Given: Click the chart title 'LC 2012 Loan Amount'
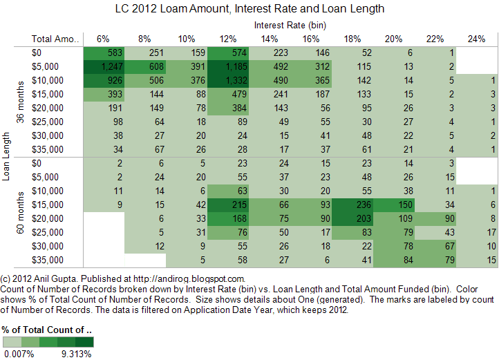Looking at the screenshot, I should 249,9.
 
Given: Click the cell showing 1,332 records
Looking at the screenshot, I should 229,80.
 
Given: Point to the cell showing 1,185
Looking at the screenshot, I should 229,66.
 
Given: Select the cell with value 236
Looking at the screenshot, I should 353,205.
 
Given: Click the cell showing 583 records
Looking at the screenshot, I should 104,53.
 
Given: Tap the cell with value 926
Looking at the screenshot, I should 104,80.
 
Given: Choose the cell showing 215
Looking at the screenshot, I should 229,205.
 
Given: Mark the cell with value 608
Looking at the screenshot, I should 146,66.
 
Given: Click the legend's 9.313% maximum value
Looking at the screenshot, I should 76,353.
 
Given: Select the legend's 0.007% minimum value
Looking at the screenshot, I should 19,353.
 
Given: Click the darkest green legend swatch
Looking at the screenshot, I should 84,341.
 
